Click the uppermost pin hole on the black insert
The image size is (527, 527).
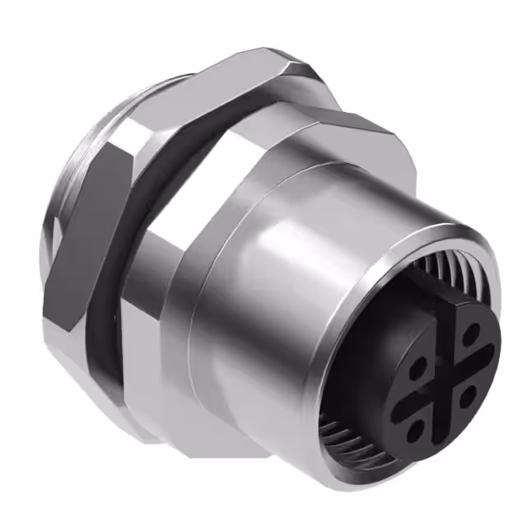pos(470,333)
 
